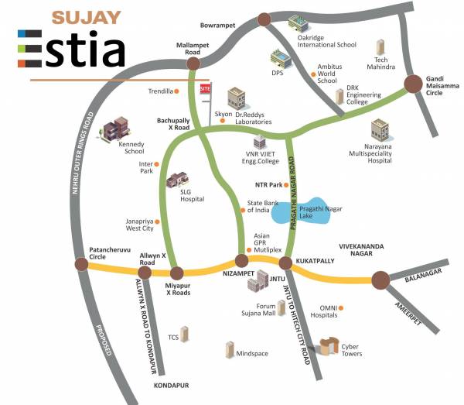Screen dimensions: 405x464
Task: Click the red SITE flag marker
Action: tap(205, 90)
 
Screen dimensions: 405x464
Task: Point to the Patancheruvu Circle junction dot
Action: tap(81, 265)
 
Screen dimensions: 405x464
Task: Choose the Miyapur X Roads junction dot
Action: tap(176, 273)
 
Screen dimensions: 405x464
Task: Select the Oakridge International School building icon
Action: tap(297, 24)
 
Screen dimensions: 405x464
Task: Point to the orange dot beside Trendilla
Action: tap(177, 91)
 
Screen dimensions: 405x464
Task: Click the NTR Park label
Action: tap(267, 185)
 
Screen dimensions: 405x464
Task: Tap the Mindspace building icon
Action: tap(230, 349)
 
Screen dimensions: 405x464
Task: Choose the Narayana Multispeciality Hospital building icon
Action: tap(380, 130)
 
